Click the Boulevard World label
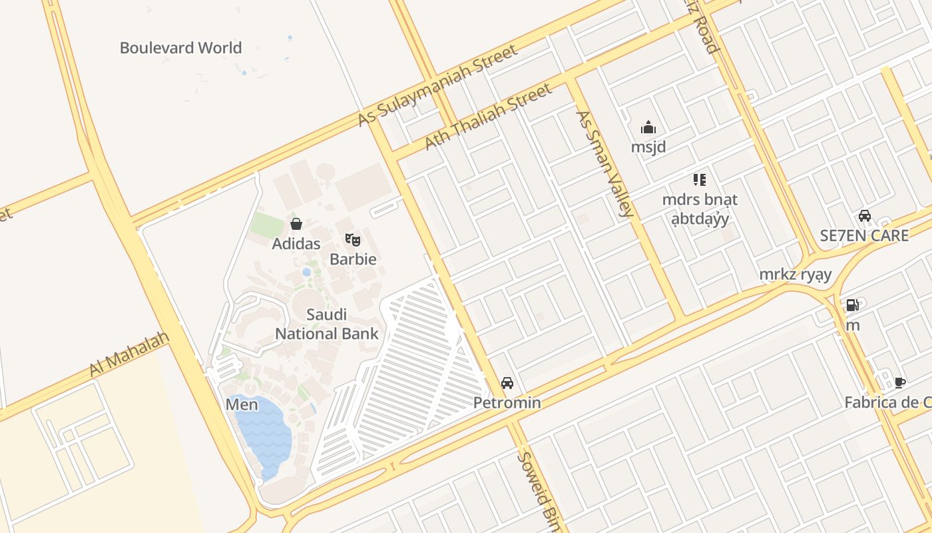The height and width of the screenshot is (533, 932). (x=180, y=48)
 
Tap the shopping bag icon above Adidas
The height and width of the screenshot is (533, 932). (x=296, y=224)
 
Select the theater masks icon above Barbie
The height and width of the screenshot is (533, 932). (x=353, y=239)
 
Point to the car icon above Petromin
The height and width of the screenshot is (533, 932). (x=507, y=383)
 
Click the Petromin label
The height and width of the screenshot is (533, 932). (x=507, y=402)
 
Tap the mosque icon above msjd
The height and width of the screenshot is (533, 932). (x=648, y=127)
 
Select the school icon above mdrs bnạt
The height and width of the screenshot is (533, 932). (x=699, y=179)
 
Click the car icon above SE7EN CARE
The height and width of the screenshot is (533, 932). (x=865, y=216)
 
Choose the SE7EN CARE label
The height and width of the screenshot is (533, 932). (x=864, y=236)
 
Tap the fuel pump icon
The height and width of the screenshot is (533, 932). (x=852, y=305)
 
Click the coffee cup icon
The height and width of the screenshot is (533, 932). (x=900, y=382)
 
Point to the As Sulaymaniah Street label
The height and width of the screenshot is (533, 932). (x=437, y=85)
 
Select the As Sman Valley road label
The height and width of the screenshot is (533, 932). (x=603, y=163)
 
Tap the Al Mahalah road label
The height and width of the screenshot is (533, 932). (x=129, y=354)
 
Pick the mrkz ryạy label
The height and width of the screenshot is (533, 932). (x=796, y=274)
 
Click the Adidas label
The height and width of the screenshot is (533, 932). (x=296, y=244)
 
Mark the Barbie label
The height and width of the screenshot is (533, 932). (x=353, y=259)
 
